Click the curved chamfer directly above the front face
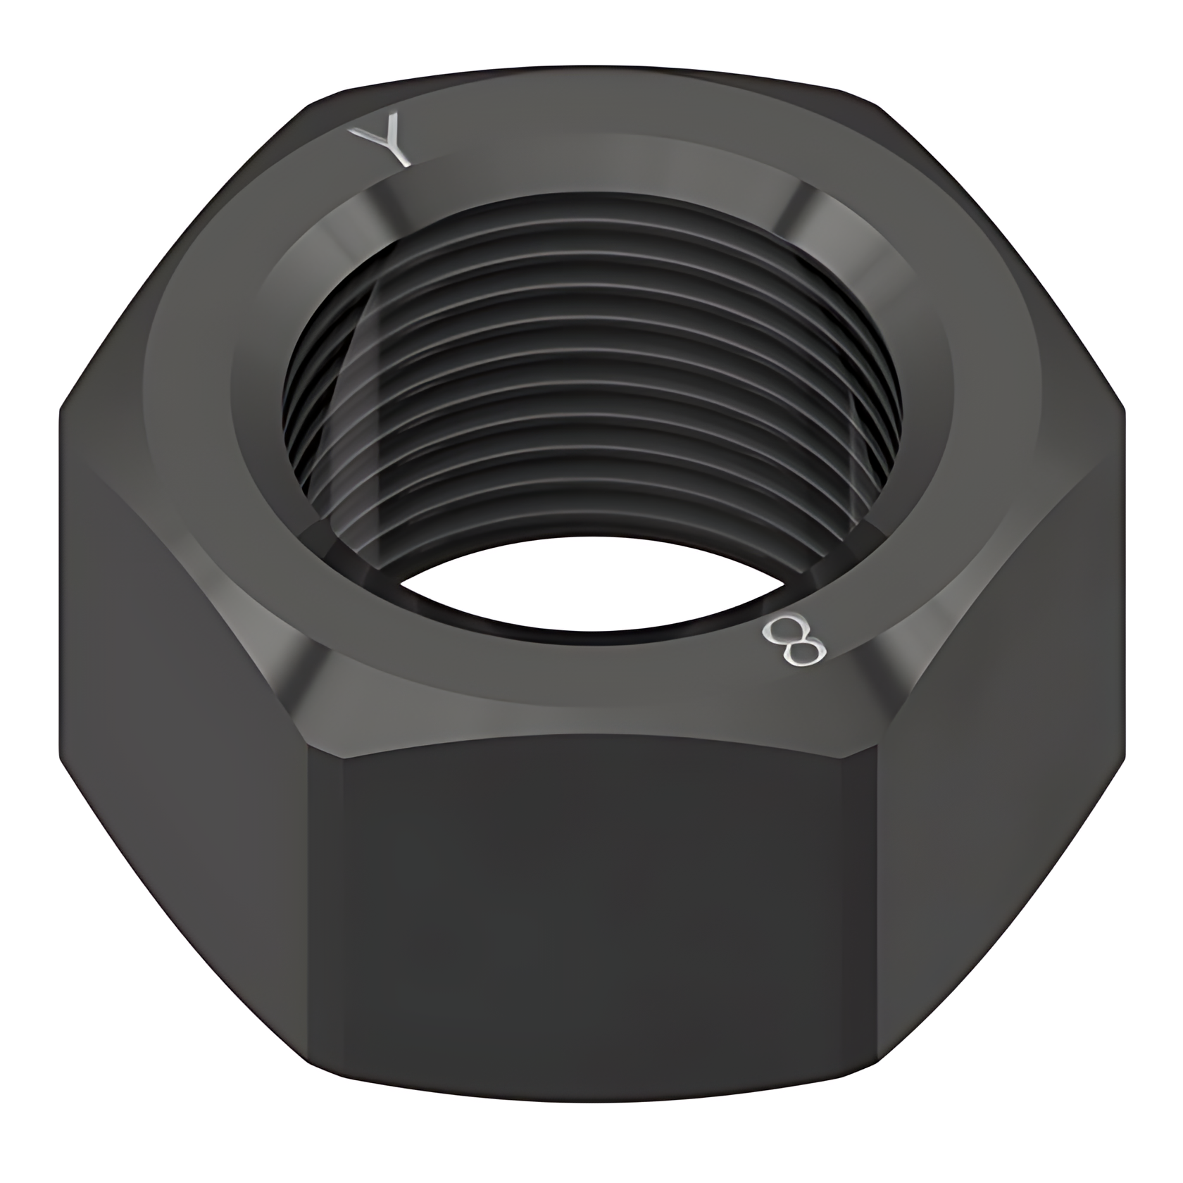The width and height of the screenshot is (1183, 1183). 591,725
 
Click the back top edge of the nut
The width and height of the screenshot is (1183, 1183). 591,70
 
